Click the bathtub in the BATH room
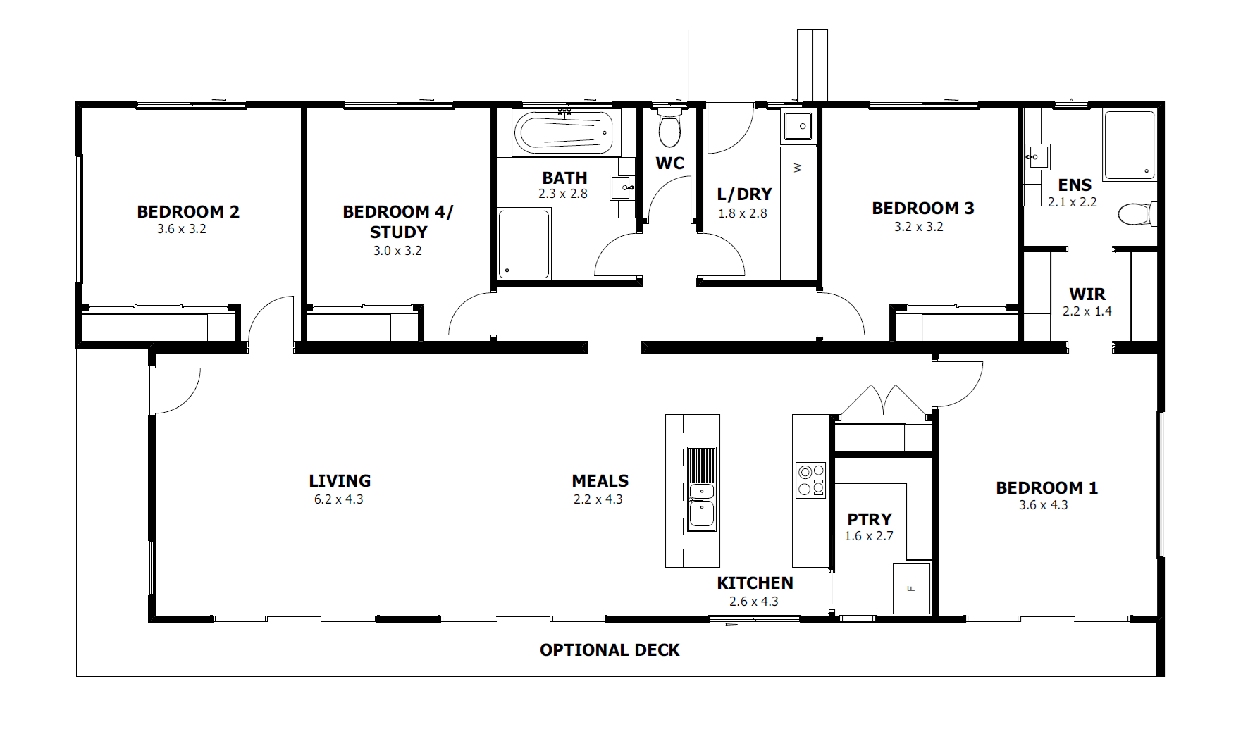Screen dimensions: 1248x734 [563, 132]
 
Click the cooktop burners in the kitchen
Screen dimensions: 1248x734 [810, 480]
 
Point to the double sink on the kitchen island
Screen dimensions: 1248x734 [702, 488]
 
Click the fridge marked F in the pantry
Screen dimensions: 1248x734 [912, 588]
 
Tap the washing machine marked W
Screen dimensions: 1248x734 [798, 168]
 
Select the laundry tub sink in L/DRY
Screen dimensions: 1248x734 [799, 127]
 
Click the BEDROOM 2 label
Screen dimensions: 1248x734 [188, 211]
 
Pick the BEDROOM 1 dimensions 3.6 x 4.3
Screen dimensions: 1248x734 [1044, 505]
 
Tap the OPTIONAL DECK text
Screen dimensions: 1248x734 [610, 650]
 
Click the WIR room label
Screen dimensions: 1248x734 [1087, 294]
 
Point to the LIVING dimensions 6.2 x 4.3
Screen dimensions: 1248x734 [339, 499]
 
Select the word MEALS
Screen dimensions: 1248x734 [600, 481]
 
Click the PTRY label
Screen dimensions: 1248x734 [870, 519]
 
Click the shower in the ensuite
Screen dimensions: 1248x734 [1130, 145]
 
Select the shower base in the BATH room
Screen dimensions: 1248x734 [524, 244]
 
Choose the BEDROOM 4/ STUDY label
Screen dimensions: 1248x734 [398, 222]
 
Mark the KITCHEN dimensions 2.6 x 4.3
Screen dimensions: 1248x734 [754, 602]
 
